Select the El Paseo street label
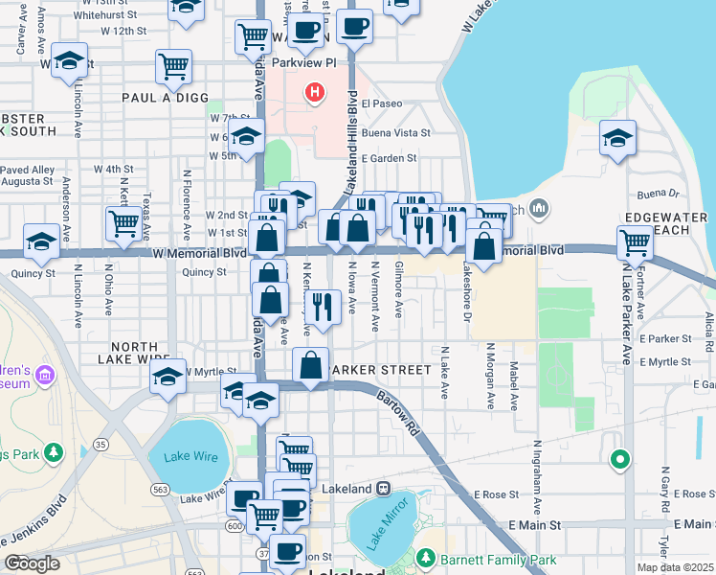tap(381, 103)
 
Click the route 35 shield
tap(101, 445)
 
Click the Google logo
tap(32, 563)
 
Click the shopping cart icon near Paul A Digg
tap(173, 66)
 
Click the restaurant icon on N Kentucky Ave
tap(323, 307)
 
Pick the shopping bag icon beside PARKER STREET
tap(311, 365)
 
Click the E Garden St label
tap(388, 158)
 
